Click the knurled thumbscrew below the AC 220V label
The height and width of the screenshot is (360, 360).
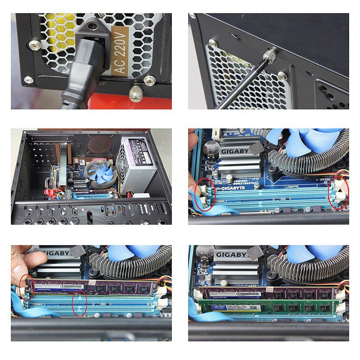[134, 94]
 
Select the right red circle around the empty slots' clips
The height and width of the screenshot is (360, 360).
[338, 193]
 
